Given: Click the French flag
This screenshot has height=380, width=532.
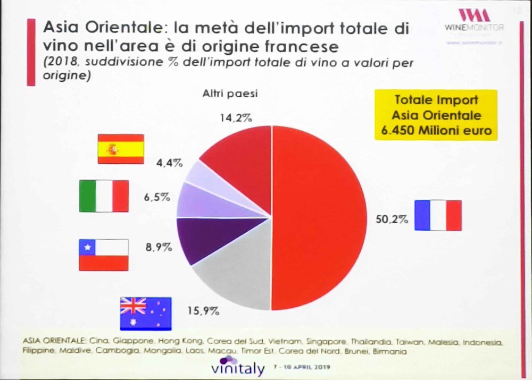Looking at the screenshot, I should click(x=438, y=215).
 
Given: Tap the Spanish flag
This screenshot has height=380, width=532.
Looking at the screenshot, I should click(x=120, y=149).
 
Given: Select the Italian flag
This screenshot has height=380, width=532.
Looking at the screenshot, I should click(x=104, y=196).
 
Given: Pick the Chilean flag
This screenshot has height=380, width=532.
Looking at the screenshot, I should click(x=104, y=255).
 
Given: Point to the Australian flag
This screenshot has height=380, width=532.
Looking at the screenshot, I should click(x=146, y=313).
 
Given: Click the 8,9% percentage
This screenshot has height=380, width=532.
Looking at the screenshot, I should click(x=158, y=247).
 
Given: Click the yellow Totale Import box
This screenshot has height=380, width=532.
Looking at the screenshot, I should click(x=435, y=115).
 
